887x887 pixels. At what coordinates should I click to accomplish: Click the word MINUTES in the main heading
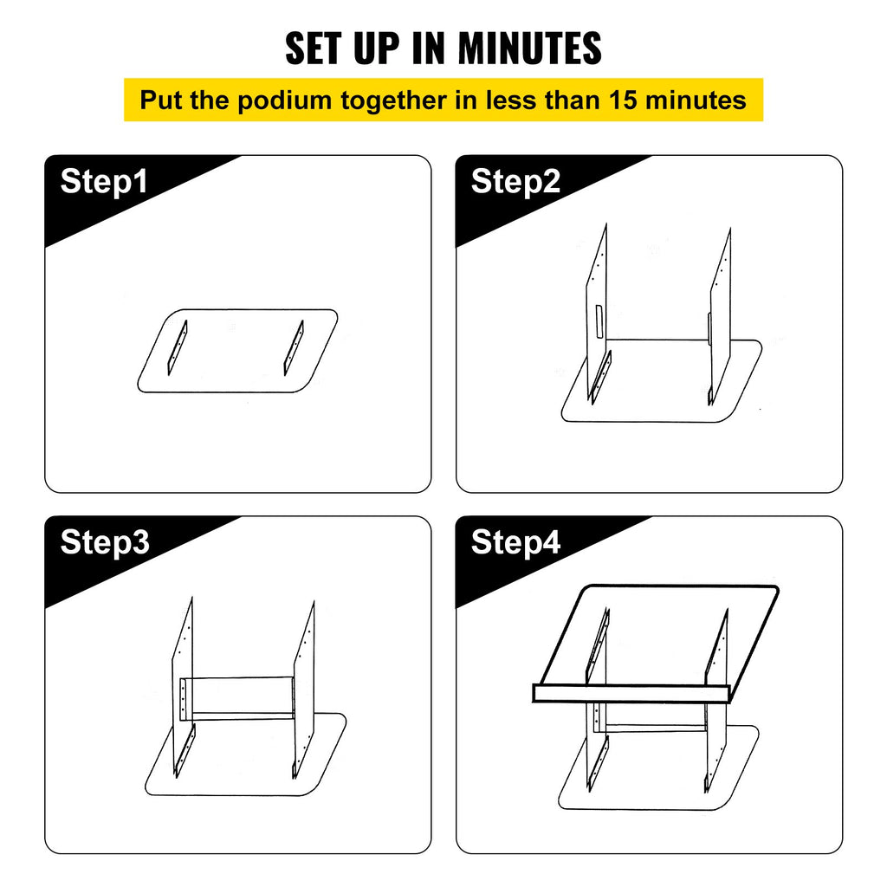[529, 49]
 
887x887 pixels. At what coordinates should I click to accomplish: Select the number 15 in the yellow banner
[623, 100]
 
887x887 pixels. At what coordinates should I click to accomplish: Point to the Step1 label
[104, 182]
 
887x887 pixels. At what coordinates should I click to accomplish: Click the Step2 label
[515, 182]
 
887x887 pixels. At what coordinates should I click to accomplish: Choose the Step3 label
[105, 542]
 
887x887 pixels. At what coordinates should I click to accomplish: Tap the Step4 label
[515, 542]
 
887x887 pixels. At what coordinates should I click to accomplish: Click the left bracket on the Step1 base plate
[177, 347]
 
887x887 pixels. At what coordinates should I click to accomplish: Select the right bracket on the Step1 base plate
[294, 347]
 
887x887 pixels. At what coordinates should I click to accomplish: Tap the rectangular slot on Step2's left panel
[599, 321]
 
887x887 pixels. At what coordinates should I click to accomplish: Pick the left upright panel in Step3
[183, 684]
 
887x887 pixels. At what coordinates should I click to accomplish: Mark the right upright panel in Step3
[304, 687]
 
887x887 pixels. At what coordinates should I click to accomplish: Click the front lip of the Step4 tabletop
[631, 694]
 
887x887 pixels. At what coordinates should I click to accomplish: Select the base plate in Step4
[658, 769]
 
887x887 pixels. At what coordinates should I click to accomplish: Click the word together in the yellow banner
[393, 100]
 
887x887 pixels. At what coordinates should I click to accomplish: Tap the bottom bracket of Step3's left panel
[185, 750]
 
